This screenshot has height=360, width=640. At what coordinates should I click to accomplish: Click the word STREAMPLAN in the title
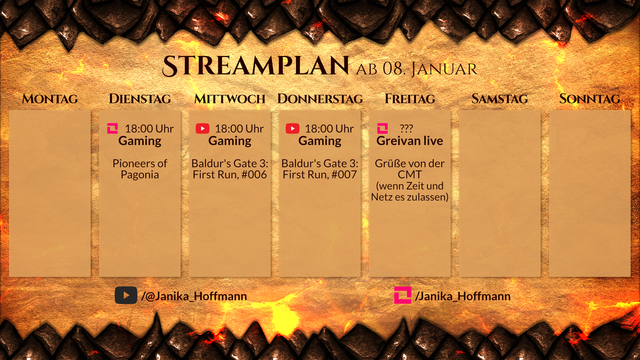click(256, 67)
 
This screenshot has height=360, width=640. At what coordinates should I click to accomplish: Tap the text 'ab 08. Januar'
click(416, 69)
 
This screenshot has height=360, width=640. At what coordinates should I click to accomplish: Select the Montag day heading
click(50, 99)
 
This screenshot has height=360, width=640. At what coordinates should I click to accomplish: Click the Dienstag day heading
click(140, 99)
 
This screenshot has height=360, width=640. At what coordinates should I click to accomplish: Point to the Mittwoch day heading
click(230, 99)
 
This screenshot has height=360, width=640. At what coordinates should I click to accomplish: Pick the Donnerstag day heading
click(320, 99)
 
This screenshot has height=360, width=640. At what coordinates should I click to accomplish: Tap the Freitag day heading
click(410, 99)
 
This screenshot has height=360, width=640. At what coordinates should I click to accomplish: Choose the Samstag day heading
click(499, 99)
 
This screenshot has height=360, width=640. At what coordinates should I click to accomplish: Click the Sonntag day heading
click(590, 99)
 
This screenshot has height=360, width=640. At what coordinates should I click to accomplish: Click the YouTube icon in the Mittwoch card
click(203, 128)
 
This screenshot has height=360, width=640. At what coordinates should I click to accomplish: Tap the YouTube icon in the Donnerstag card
click(293, 128)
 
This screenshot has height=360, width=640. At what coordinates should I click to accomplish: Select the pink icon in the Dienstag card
click(112, 128)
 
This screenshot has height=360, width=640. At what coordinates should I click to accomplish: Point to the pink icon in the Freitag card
click(383, 128)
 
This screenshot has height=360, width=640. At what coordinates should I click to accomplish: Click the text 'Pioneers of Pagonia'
click(139, 168)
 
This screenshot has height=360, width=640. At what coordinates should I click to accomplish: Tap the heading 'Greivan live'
click(410, 141)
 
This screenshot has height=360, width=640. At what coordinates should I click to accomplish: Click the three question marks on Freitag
click(406, 128)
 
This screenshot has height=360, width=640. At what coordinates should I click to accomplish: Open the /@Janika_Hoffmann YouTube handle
click(194, 296)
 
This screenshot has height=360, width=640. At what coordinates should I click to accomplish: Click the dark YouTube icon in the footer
click(125, 295)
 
